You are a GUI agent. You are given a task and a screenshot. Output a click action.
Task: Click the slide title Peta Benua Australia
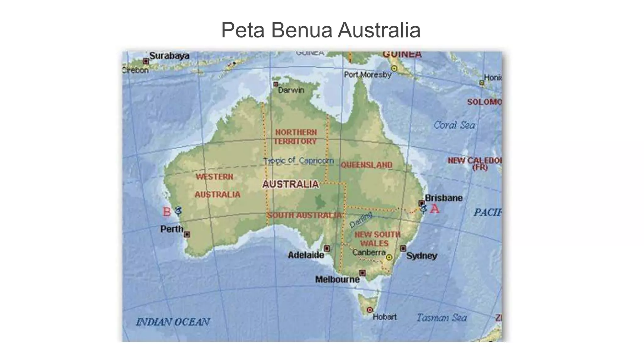321,30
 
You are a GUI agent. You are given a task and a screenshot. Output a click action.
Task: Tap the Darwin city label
291,90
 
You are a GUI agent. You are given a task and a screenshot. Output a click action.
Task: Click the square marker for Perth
187,234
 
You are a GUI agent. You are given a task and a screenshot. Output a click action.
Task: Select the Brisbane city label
443,198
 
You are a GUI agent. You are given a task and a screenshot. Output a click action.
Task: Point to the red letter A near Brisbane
435,209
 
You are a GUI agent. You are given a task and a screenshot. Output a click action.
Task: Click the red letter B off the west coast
167,212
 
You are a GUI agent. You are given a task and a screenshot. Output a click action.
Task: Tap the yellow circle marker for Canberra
389,257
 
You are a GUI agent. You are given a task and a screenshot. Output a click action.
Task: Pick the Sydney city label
421,256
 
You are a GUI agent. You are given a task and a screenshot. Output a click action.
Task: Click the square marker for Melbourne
362,273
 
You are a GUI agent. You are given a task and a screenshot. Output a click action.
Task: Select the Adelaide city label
306,255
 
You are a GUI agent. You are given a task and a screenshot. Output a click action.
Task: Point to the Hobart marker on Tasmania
370,310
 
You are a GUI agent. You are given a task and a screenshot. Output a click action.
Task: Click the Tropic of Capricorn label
298,161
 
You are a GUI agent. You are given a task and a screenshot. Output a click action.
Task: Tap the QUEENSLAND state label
366,165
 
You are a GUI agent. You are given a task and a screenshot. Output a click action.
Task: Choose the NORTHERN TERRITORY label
296,137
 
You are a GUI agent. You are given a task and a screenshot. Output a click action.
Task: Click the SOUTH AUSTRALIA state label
304,215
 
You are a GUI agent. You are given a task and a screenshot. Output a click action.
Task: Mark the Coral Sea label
454,125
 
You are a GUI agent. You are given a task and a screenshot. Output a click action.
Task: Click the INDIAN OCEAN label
173,322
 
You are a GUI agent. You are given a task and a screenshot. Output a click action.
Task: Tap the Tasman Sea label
441,318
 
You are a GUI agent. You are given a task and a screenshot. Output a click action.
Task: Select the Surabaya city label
169,56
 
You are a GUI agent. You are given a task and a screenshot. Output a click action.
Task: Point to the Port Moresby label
368,75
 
